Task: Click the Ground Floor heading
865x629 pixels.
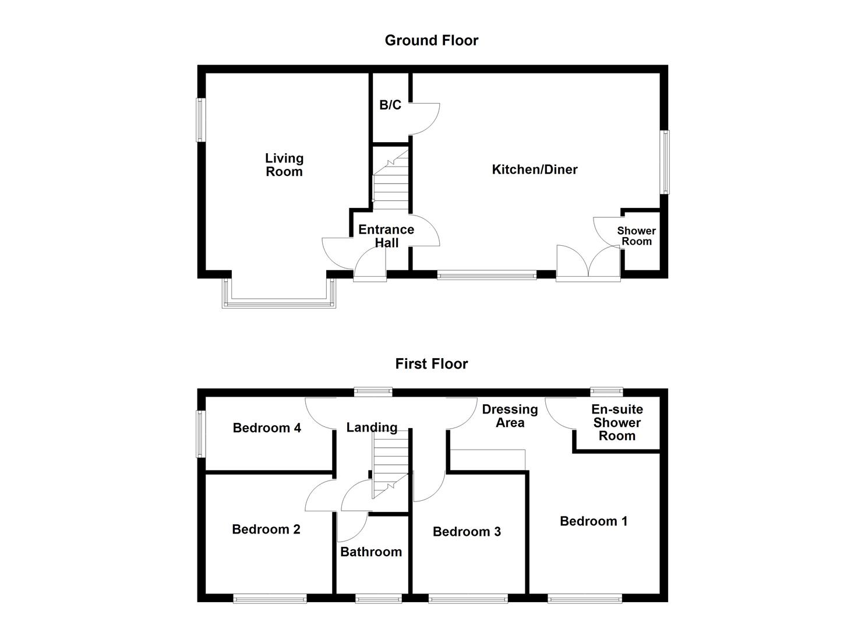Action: [x=431, y=40]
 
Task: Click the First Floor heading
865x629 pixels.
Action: [x=431, y=364]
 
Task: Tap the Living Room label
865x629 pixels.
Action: [x=284, y=165]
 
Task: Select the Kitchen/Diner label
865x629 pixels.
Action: [x=535, y=169]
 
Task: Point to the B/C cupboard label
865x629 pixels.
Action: [x=390, y=105]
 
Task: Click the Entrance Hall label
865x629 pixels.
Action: [x=386, y=236]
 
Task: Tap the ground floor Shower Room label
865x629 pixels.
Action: [x=636, y=236]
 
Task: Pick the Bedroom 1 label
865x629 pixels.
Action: [x=594, y=521]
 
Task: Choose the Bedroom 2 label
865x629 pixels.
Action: [x=266, y=529]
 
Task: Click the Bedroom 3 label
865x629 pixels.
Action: [x=467, y=532]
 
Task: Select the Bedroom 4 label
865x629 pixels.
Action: [x=267, y=428]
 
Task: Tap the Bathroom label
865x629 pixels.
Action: [x=371, y=552]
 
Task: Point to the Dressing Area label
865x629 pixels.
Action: [x=510, y=416]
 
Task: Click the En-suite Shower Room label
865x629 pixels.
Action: [x=617, y=423]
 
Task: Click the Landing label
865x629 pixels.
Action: [x=372, y=427]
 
